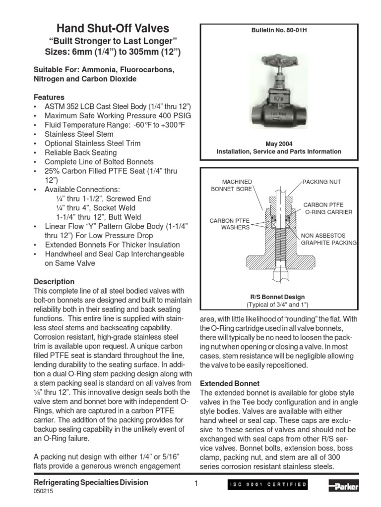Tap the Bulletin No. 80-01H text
tap(278, 31)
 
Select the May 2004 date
tap(279, 144)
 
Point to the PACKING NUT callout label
tap(321, 182)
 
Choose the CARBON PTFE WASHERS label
tap(229, 224)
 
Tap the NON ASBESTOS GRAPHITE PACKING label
tap(329, 239)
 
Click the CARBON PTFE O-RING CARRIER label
tap(327, 208)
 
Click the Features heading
tap(49, 98)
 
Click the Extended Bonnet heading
tap(229, 383)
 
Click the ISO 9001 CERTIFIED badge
tap(267, 485)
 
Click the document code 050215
tap(43, 492)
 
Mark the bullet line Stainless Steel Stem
tap(79, 134)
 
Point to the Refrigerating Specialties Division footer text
tap(90, 483)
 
